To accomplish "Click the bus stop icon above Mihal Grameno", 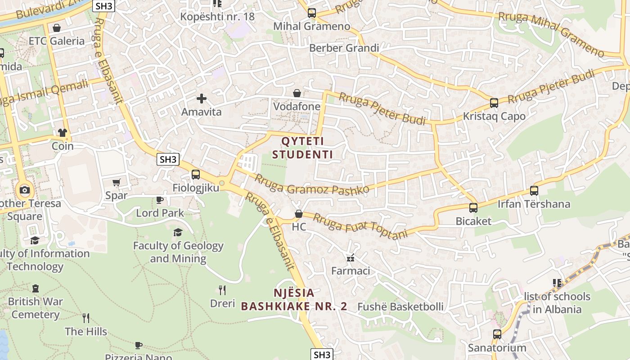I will [312, 13].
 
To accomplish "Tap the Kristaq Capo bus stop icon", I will [494, 103].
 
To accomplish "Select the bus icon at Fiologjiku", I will [195, 174].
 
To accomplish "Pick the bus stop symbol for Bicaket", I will [473, 208].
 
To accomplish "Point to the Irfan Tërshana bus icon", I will [534, 191].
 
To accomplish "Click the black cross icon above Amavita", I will [201, 98].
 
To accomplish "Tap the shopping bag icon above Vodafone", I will [297, 93].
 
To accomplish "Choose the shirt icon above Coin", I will [62, 133].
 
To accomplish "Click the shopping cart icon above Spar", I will [117, 182].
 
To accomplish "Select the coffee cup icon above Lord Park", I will [160, 200].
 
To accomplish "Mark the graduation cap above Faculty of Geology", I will [178, 232].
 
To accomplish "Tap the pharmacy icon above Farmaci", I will [351, 258].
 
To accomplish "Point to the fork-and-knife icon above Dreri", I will [222, 290].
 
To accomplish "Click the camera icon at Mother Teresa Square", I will [25, 190].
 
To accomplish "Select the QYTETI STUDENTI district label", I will [302, 148].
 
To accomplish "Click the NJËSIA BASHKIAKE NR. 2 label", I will [294, 300].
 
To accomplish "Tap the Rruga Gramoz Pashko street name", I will [312, 184].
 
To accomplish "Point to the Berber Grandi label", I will [344, 48].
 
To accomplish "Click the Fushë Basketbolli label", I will [400, 307].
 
